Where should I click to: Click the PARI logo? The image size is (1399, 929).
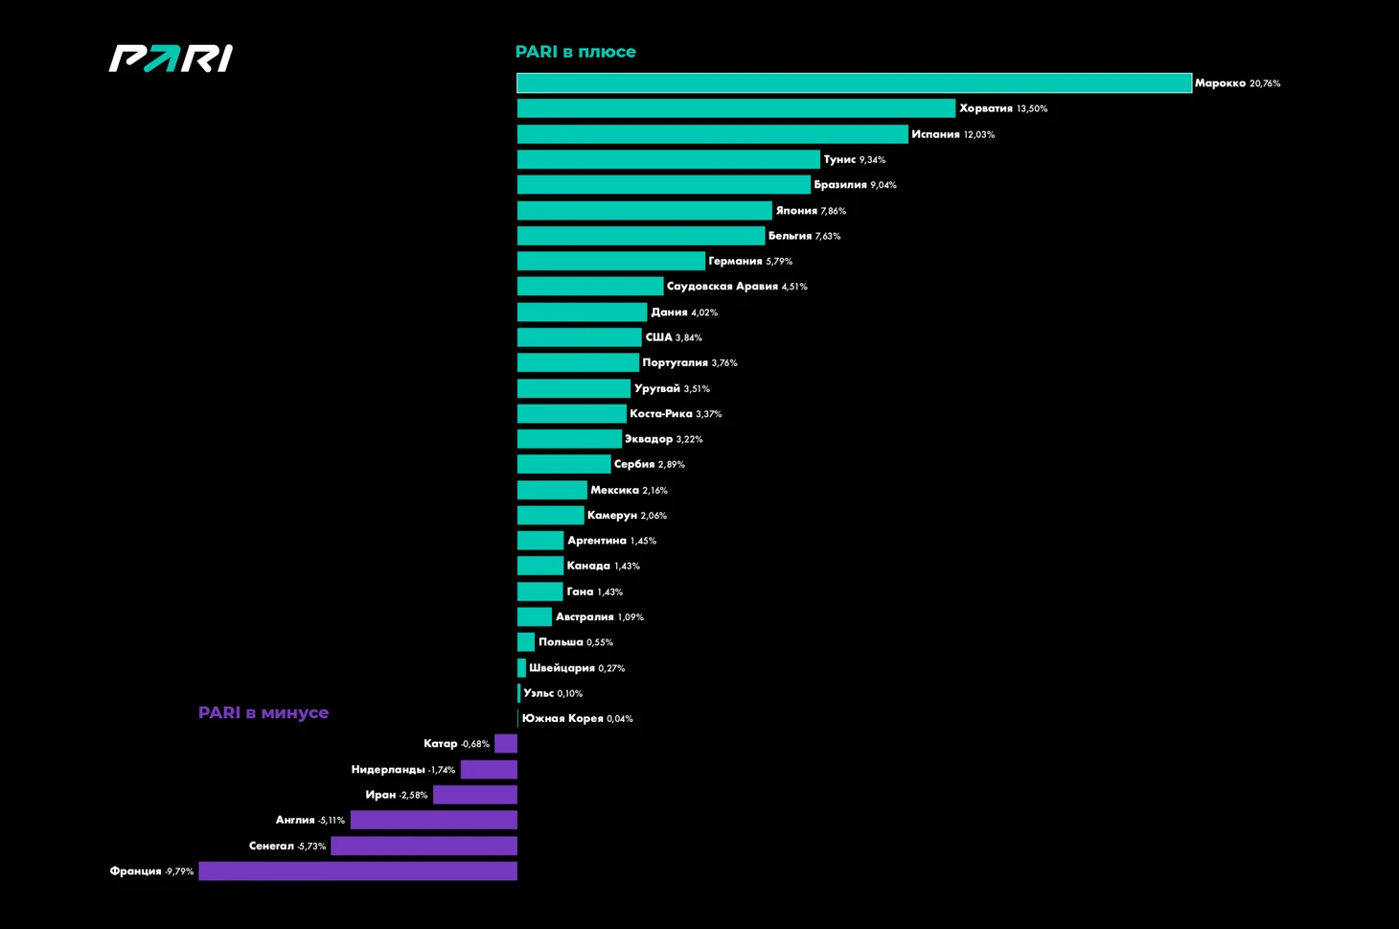click(x=171, y=58)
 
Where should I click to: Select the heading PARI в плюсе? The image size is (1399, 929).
click(x=575, y=52)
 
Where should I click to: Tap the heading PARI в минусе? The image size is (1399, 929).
click(x=263, y=713)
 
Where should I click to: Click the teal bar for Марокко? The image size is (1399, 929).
click(x=854, y=83)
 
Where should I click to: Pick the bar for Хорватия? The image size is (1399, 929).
click(x=736, y=108)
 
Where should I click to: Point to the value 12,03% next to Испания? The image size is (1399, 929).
click(x=979, y=135)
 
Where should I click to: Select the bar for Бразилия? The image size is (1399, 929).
click(x=663, y=185)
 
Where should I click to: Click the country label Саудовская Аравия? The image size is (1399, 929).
click(x=722, y=287)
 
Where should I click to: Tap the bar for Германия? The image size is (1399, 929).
click(x=610, y=261)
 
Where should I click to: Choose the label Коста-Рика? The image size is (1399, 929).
click(x=660, y=414)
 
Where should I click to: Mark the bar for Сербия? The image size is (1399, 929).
click(x=563, y=464)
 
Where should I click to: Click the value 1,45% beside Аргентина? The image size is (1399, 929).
click(x=643, y=542)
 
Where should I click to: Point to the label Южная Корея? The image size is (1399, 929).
click(x=562, y=719)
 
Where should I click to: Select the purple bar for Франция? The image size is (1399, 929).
click(x=357, y=871)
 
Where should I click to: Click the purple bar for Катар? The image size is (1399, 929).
click(x=506, y=744)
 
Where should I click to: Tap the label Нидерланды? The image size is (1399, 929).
click(x=387, y=770)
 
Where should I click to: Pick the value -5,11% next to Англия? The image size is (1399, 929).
click(x=331, y=821)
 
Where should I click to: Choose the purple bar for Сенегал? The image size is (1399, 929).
click(x=424, y=846)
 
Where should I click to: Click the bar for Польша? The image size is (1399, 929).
click(x=526, y=642)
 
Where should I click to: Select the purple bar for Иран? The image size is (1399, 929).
click(x=474, y=795)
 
